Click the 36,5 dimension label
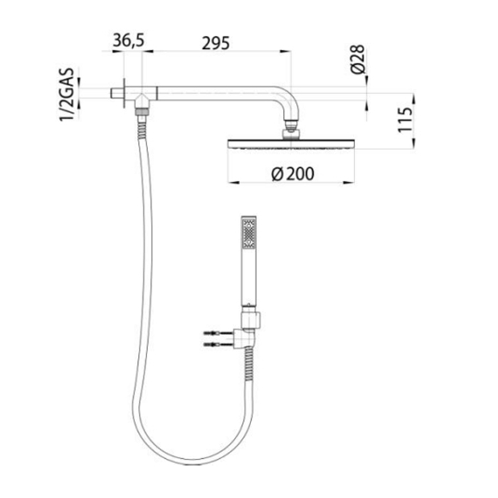pyautogui.click(x=129, y=41)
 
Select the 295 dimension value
pyautogui.click(x=216, y=43)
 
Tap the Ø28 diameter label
pyautogui.click(x=358, y=59)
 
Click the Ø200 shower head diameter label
pyautogui.click(x=293, y=174)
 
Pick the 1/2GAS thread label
pyautogui.click(x=66, y=95)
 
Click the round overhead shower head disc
pyautogui.click(x=290, y=144)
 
